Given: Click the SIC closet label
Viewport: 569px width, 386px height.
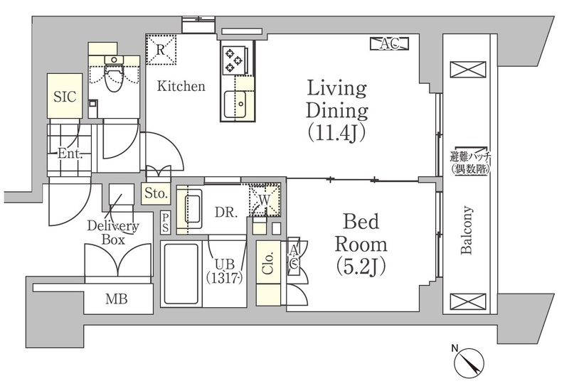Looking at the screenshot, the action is (65, 97).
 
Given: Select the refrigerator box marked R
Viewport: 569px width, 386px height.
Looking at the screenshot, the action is (161, 50).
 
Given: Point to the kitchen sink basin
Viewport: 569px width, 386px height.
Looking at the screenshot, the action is (235, 104).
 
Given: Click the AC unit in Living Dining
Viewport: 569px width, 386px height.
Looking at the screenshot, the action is (390, 44).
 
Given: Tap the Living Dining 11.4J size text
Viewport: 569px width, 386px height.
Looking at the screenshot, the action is (336, 133).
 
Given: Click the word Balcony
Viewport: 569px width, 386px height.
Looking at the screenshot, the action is (467, 230).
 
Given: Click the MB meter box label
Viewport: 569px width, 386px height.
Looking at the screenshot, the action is (117, 299).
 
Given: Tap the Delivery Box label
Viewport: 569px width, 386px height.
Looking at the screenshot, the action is (113, 232).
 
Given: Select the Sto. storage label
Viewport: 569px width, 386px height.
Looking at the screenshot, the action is (156, 193).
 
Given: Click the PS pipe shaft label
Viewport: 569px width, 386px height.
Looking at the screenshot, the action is (166, 223).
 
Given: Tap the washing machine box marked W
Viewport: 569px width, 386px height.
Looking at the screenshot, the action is (265, 200).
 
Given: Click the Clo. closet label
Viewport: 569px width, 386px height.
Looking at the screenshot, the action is (268, 262).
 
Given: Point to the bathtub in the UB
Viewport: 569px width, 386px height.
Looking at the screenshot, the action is (181, 274).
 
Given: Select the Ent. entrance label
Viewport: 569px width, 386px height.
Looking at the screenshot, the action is (70, 154).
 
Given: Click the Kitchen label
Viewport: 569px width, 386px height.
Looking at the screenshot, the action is (181, 86).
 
